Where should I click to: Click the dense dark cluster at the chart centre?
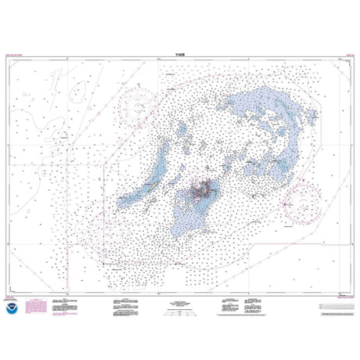pos(206,189)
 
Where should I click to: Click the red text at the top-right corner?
pos(342,57)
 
